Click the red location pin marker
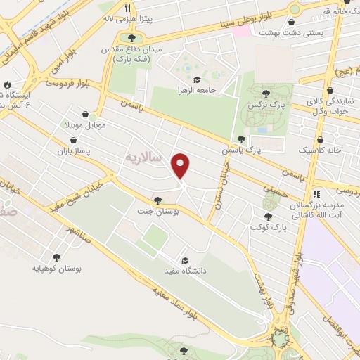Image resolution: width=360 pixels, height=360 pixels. tap(181, 165)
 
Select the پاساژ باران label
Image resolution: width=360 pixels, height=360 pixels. tap(75, 151)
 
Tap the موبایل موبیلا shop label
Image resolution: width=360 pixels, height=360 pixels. tap(86, 126)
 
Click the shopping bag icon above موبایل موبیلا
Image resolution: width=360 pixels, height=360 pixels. tap(86, 115)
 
